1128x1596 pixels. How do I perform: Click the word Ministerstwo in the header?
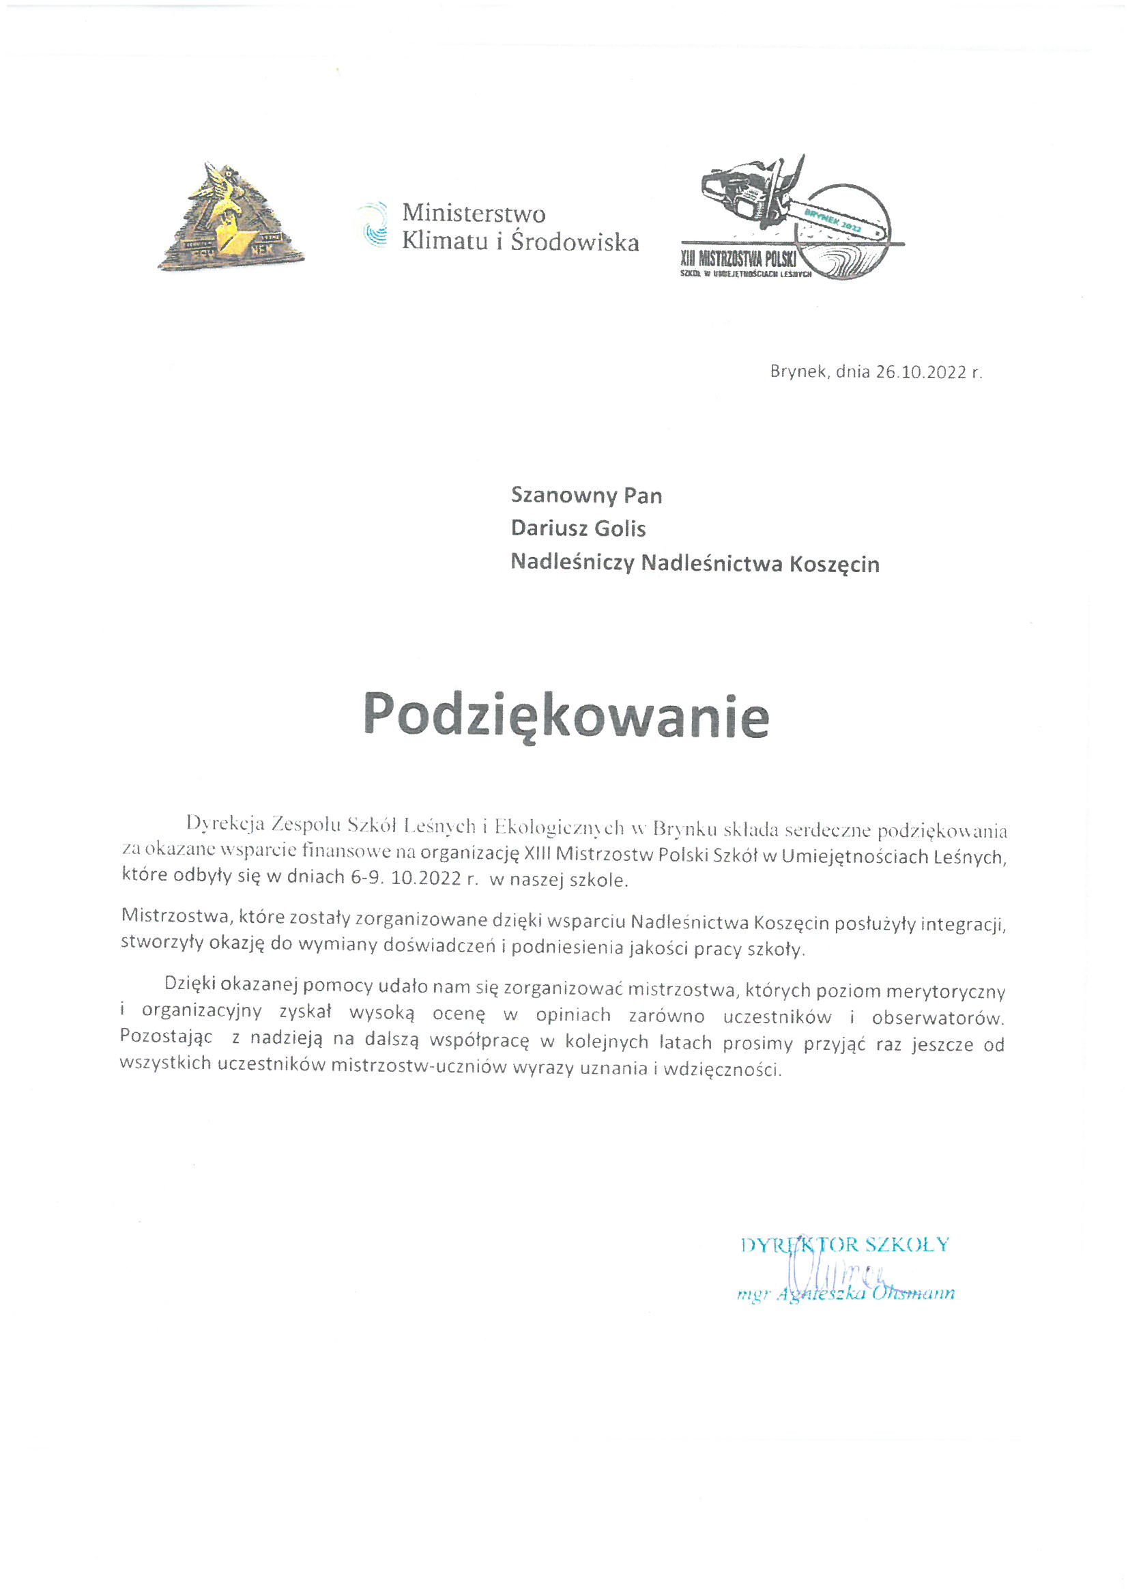474,212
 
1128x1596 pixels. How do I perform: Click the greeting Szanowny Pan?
586,495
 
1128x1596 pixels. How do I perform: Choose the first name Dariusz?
541,529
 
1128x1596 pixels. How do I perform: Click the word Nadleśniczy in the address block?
572,562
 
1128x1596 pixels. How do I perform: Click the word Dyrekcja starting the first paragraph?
226,825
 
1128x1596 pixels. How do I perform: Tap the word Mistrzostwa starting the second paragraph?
175,916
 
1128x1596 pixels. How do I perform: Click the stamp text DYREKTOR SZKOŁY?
844,1244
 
